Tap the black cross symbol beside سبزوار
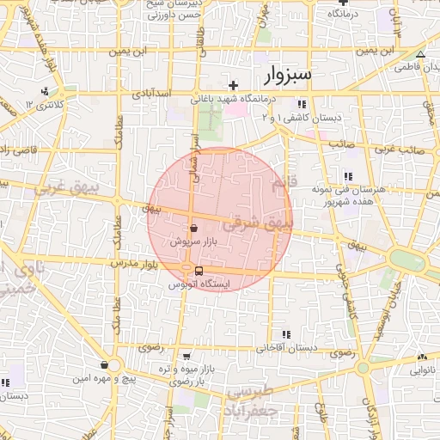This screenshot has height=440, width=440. tap(233, 84)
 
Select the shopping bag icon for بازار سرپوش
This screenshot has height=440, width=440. tap(193, 229)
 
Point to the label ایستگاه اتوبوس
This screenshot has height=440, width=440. tap(199, 284)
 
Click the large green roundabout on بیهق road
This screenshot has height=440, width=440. tap(404, 258)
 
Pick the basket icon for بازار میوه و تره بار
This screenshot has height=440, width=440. tap(187, 357)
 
